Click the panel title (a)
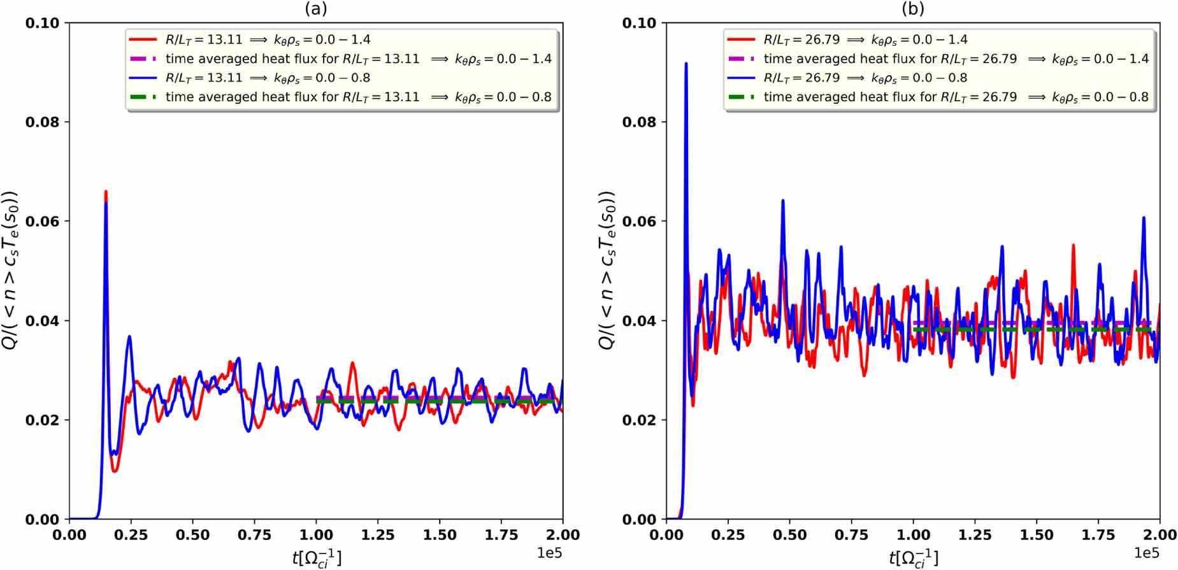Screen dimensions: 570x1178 click(316, 9)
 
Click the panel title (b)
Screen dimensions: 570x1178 click(913, 9)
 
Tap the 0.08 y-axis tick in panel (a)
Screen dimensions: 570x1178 click(42, 122)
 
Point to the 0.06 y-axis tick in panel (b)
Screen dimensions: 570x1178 click(639, 221)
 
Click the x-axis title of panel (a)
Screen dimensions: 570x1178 click(317, 558)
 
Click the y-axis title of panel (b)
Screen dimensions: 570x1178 click(607, 270)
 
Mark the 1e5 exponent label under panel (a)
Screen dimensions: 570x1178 click(549, 552)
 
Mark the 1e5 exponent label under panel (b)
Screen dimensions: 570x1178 click(1146, 552)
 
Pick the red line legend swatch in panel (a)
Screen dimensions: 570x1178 click(143, 39)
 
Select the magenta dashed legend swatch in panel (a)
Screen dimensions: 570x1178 click(143, 59)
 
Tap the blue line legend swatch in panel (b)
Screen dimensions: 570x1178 click(741, 78)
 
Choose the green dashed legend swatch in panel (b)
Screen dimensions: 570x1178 click(741, 97)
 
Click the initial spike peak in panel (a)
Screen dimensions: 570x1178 click(106, 192)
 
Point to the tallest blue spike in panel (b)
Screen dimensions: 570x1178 click(686, 64)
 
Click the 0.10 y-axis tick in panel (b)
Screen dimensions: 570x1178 click(639, 23)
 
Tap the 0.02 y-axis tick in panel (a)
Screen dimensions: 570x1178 click(42, 420)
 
